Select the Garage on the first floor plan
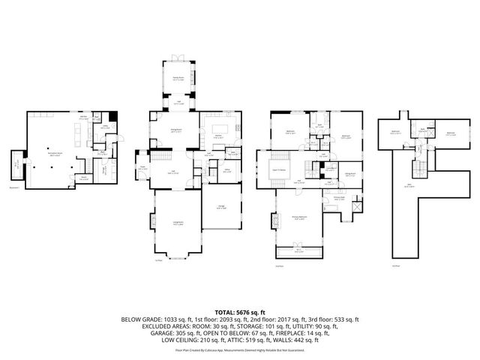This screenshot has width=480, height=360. point(221,208)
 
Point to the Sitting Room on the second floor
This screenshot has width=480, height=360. point(349,173)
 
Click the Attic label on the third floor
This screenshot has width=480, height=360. point(409,186)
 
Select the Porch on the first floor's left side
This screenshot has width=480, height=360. point(142,169)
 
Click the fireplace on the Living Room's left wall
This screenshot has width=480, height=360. point(152,222)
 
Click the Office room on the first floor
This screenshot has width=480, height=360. point(225,172)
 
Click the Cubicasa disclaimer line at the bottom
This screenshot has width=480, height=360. point(240,350)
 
